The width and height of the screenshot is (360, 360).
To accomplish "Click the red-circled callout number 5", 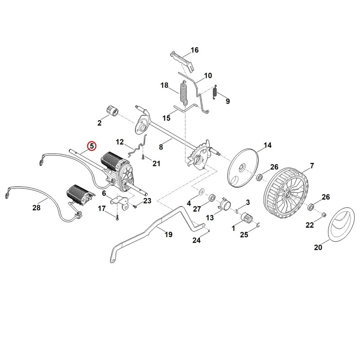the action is click(92, 146).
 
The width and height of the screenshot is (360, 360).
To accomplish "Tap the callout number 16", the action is click(194, 50).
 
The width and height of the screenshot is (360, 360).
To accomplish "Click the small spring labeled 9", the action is click(215, 92).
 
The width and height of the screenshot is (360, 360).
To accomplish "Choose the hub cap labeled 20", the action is click(340, 224).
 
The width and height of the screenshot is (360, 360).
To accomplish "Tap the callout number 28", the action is click(36, 207).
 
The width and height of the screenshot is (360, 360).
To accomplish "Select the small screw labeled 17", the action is click(117, 217).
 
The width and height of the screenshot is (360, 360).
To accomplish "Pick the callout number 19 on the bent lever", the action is click(168, 234).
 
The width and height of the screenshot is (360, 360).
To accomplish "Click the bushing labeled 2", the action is click(112, 111).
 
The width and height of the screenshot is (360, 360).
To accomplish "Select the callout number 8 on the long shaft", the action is click(161, 147).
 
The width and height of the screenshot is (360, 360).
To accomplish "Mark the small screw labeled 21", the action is click(143, 156).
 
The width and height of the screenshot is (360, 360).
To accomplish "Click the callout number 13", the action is click(210, 217).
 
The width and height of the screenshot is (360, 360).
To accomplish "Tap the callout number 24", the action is click(196, 240).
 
